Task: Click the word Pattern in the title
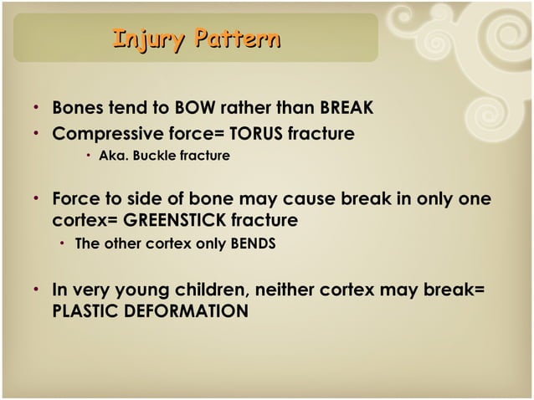point(235,38)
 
